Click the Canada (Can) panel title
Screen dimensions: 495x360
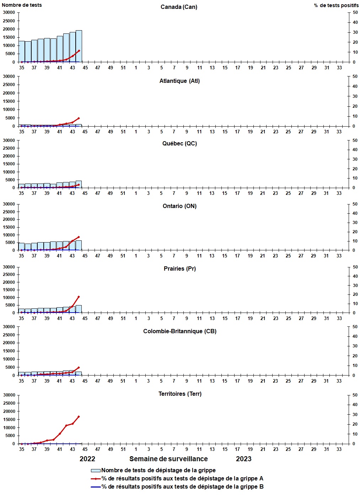(179, 7)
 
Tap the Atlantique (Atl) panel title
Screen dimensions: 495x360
(179, 81)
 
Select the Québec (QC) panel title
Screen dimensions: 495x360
(179, 144)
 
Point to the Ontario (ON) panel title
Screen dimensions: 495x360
(179, 206)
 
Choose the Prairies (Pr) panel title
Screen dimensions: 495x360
(179, 269)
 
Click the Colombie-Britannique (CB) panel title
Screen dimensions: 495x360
(179, 331)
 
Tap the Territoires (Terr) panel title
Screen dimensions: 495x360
(180, 394)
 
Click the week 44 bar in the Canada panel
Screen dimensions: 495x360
(79, 46)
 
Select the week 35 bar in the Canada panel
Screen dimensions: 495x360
(22, 52)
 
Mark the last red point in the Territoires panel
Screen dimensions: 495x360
(79, 416)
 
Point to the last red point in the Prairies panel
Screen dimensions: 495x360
(79, 297)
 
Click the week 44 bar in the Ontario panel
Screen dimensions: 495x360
(79, 245)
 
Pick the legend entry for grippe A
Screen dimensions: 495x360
(182, 479)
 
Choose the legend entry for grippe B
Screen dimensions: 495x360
(182, 487)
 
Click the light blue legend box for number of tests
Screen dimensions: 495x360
(96, 470)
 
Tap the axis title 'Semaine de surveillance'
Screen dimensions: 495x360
(168, 459)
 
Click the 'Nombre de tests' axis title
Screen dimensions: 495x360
(22, 5)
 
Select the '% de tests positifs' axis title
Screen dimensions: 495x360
(336, 5)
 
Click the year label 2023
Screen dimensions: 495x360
(244, 459)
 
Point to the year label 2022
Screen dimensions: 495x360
(87, 459)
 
